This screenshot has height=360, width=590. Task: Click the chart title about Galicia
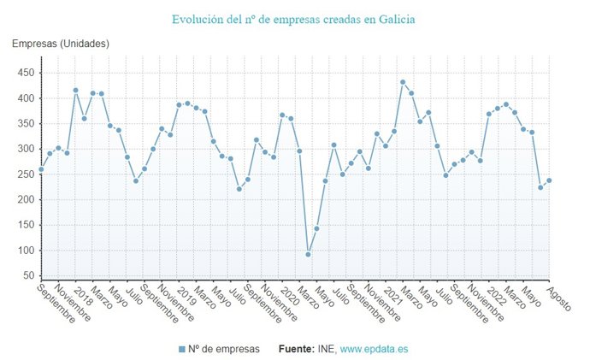[x=294, y=19]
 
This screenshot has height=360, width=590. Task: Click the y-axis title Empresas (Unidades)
[x=61, y=44]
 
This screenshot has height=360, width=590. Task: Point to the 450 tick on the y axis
[x=24, y=74]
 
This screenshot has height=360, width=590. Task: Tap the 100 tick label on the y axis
[x=24, y=251]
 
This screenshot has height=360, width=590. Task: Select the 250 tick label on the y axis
[x=24, y=174]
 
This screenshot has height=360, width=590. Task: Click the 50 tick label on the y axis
[x=27, y=276]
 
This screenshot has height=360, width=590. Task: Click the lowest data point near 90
[x=308, y=254]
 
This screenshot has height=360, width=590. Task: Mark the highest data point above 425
[x=403, y=82]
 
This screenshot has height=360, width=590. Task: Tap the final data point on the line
[x=549, y=180]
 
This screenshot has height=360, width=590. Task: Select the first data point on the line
[x=41, y=169]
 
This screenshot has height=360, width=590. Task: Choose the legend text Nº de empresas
[x=224, y=349]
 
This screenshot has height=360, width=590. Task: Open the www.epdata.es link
[x=375, y=349]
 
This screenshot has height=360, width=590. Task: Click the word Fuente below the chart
[x=298, y=349]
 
